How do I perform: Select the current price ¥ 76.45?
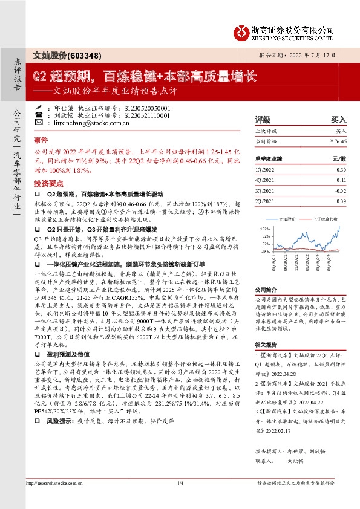[338, 140]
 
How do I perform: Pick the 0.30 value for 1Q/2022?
[341, 170]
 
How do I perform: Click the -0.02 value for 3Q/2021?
[340, 190]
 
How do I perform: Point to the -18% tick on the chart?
[264, 251]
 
